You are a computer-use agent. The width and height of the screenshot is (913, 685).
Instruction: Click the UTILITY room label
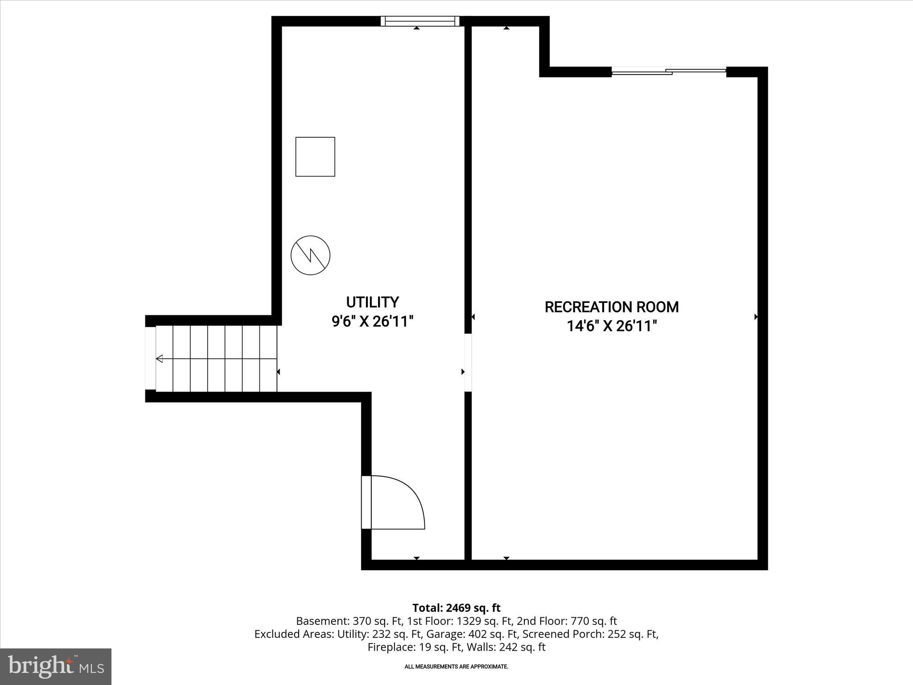click(372, 302)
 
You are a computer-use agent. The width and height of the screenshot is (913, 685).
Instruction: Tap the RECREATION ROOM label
click(612, 307)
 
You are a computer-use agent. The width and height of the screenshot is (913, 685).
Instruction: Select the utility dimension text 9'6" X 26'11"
click(372, 321)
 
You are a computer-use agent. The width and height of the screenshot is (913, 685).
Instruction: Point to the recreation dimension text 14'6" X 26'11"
click(612, 326)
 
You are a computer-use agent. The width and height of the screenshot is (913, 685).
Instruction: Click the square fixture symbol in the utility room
click(315, 157)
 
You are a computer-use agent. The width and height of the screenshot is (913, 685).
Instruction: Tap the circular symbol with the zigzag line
click(310, 255)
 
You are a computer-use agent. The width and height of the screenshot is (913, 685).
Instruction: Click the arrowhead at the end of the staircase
click(159, 359)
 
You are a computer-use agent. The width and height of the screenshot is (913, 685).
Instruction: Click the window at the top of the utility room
click(419, 21)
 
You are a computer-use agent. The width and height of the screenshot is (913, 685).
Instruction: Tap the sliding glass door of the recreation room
click(669, 71)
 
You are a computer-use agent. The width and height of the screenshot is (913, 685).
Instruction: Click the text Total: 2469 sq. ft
click(456, 608)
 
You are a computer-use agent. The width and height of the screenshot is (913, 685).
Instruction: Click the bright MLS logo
click(56, 666)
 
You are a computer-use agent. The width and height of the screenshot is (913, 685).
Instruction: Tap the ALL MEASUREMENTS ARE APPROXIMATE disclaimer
click(456, 667)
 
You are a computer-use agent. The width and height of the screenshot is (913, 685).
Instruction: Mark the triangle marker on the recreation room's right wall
click(756, 317)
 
